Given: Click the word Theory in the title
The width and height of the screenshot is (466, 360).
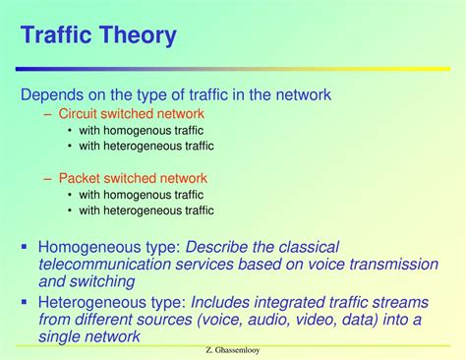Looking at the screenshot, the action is click(x=138, y=35).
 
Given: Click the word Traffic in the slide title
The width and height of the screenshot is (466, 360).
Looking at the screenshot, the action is click(x=56, y=33).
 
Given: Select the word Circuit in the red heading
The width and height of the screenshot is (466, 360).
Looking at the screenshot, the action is click(x=77, y=113).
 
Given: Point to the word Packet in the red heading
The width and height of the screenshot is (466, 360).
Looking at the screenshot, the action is click(x=80, y=178).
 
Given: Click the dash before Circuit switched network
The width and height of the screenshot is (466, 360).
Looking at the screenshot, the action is click(x=47, y=114).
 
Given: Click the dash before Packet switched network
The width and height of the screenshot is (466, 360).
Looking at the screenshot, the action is click(x=47, y=179).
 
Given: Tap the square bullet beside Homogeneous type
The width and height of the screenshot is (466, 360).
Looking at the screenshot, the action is click(x=24, y=246).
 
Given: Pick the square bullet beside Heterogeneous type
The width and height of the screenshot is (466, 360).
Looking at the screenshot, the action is click(x=24, y=301).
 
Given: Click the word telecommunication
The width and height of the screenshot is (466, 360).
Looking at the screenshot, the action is click(x=105, y=265).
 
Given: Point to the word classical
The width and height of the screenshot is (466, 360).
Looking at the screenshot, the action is click(x=309, y=247).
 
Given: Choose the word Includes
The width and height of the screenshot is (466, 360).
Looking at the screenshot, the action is click(x=220, y=302).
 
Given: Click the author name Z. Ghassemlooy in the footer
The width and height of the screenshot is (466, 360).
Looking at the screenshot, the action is click(x=233, y=350).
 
